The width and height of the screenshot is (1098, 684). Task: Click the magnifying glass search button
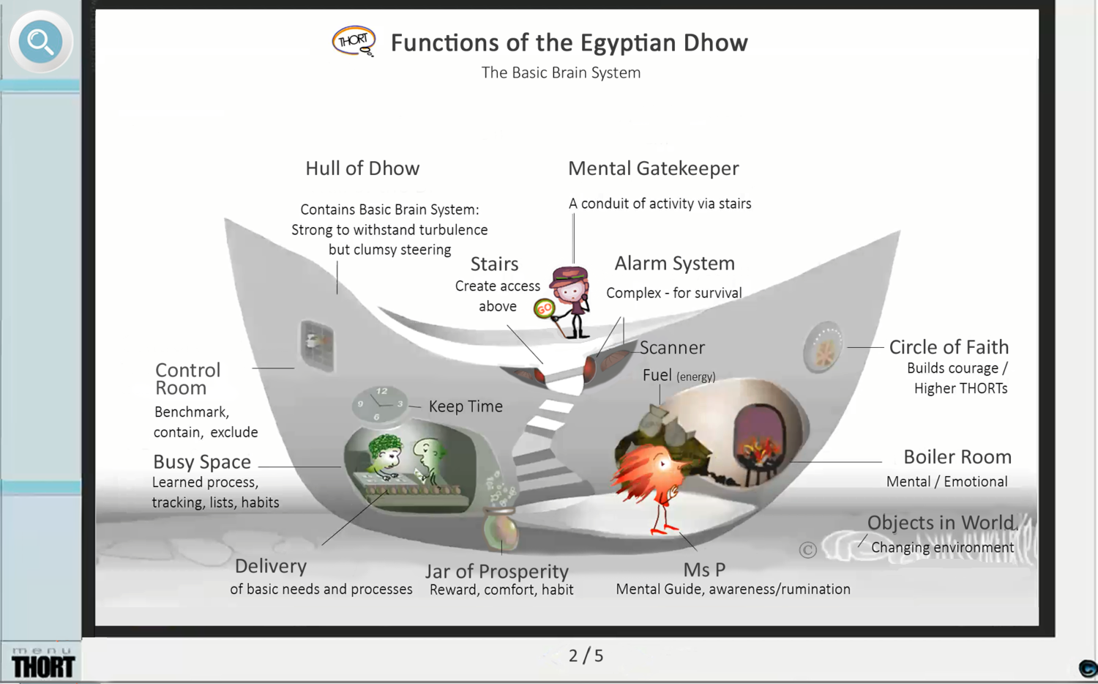[40, 42]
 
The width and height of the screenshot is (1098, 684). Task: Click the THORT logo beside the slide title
[354, 41]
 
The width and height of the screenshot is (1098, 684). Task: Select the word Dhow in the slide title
[715, 42]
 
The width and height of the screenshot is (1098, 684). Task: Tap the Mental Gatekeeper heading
[653, 168]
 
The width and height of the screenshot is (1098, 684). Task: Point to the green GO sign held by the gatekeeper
[544, 309]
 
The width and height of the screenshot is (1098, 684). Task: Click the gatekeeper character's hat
[570, 275]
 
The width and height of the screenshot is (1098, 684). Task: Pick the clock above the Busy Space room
[380, 404]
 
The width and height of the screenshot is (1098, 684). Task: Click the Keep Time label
[466, 406]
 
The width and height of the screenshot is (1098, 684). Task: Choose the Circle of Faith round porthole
[823, 347]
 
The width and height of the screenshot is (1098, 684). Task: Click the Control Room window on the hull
[318, 345]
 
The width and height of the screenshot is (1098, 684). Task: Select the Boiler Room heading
[957, 457]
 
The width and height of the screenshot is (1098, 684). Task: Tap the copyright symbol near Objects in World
[807, 549]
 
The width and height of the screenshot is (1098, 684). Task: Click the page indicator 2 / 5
[586, 655]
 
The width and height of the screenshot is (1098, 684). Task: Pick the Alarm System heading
[674, 264]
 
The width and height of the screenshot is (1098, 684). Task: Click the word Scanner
[672, 348]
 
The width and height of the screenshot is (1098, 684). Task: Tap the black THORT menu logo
[43, 666]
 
